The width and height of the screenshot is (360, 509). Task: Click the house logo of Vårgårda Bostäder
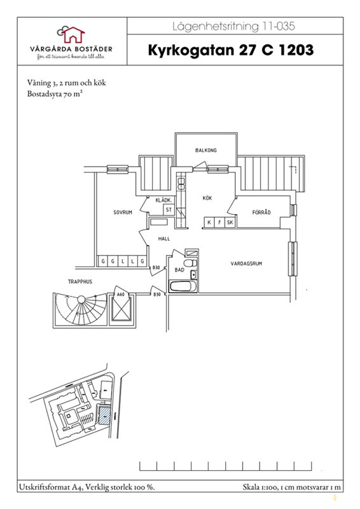pos(71,34)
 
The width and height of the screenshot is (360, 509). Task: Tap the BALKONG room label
pos(206,150)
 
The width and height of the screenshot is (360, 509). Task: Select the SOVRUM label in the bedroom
pos(123,213)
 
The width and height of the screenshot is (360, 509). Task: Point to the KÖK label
pos(207,198)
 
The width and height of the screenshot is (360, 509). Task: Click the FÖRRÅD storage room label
pos(261,213)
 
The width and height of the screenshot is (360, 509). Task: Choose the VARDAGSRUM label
pos(246,263)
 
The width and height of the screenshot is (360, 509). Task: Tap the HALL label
pos(164,239)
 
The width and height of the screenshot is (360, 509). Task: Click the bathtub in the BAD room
pos(183,286)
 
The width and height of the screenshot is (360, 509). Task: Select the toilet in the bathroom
pos(191,263)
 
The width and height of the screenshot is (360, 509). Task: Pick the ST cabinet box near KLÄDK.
pos(169,210)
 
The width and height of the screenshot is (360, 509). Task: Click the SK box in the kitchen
pos(230,222)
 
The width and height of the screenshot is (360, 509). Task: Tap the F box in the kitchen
pos(220,222)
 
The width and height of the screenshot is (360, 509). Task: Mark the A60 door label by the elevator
pos(121,295)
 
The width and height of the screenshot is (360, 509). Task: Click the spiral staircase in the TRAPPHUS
pos(81,309)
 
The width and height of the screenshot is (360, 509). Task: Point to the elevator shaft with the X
pos(121,309)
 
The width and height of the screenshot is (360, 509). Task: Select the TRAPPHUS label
pos(80,282)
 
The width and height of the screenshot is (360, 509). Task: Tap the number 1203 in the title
pos(296,50)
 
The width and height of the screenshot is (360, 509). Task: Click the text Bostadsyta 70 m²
pos(54,94)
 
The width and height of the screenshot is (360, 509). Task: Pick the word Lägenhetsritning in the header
pos(216,26)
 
